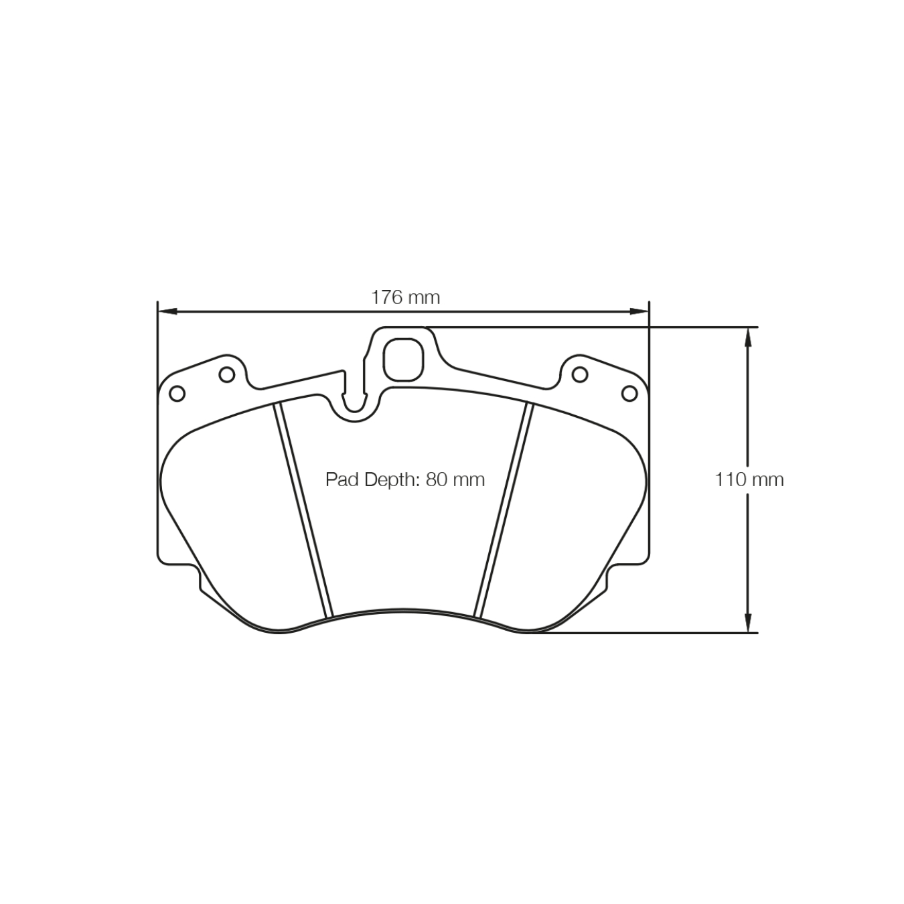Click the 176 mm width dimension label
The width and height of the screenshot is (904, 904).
pos(405,297)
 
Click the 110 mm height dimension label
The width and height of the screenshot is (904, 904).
pos(749,479)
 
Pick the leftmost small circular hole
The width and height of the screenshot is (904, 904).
pos(177,394)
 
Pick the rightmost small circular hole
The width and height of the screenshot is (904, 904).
pos(629,394)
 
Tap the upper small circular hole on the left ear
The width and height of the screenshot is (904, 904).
pos(227,374)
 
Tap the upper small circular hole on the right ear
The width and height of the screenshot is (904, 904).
pos(579,374)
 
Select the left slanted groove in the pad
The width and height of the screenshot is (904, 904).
pos(303,509)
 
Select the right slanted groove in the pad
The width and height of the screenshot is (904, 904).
pos(504,509)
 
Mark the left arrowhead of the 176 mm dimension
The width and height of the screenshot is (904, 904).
pos(165,311)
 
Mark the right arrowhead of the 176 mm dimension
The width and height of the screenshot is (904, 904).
pos(641,311)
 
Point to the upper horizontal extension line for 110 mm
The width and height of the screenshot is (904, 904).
pos(603,327)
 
